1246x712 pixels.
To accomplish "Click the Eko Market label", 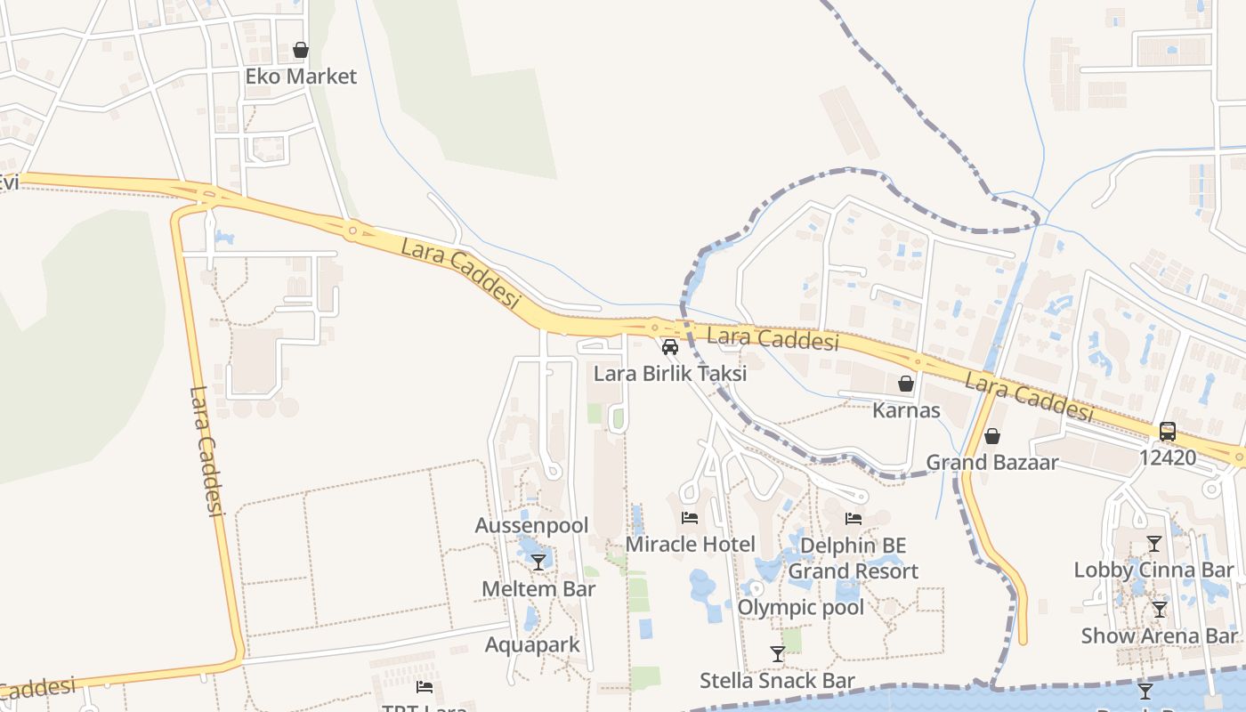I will click(301, 77).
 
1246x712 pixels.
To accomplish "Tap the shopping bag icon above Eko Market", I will click(301, 50).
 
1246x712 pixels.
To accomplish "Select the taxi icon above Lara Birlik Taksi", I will click(670, 347).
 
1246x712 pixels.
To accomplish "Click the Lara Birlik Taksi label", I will click(670, 374).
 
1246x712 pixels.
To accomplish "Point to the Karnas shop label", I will click(906, 410).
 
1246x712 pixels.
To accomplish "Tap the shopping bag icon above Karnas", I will click(906, 384).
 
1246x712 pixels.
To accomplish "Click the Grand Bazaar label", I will click(992, 463).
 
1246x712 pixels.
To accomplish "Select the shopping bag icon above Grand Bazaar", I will click(992, 436).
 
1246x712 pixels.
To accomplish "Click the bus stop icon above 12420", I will click(1168, 432).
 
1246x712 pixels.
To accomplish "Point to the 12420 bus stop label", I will click(1168, 458).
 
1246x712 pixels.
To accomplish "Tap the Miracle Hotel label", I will click(691, 544).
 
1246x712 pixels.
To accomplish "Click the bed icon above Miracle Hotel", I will click(690, 517).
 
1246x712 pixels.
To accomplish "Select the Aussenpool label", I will click(531, 525).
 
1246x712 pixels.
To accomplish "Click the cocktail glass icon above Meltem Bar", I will click(538, 562).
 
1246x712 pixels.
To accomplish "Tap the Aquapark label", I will click(532, 644).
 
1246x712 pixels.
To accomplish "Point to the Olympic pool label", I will click(801, 607).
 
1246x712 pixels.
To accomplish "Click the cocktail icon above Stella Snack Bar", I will click(778, 654).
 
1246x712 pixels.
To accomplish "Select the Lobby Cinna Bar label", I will click(1153, 570).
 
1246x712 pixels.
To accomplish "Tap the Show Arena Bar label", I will click(1159, 635).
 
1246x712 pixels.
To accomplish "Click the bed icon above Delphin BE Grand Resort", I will click(854, 518).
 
